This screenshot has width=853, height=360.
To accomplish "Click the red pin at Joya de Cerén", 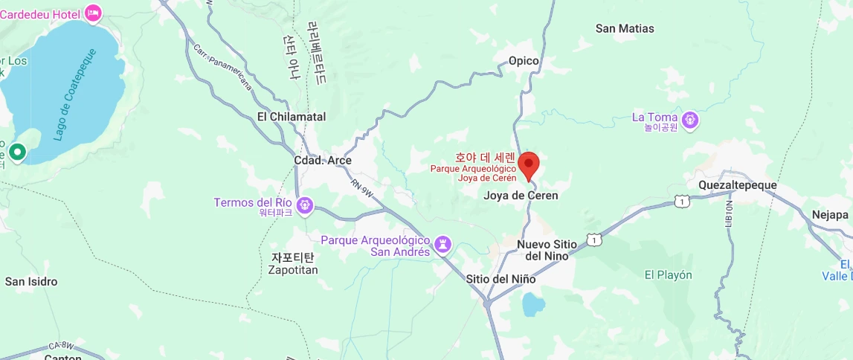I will (528, 164).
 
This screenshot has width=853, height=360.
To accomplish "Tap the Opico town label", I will (523, 61).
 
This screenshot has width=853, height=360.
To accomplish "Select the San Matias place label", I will (625, 28).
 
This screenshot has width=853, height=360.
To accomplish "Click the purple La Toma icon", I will (690, 118).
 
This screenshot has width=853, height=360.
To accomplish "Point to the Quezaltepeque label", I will (738, 184).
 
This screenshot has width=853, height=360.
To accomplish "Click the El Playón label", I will (668, 274).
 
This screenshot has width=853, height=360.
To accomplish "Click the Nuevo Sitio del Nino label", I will (542, 250).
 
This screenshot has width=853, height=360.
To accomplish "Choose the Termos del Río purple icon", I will (303, 204).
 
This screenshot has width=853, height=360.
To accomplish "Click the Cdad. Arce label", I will (323, 161).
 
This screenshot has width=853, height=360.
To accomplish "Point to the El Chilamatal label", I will (292, 117).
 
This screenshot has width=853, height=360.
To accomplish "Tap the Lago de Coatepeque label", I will (75, 94).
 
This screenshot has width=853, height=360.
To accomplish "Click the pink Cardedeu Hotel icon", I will (94, 13).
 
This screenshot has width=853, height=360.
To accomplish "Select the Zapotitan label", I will (293, 270).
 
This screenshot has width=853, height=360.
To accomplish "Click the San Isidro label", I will (31, 282).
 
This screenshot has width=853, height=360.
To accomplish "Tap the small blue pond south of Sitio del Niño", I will (532, 304).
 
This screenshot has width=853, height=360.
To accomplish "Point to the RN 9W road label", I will (364, 190).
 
